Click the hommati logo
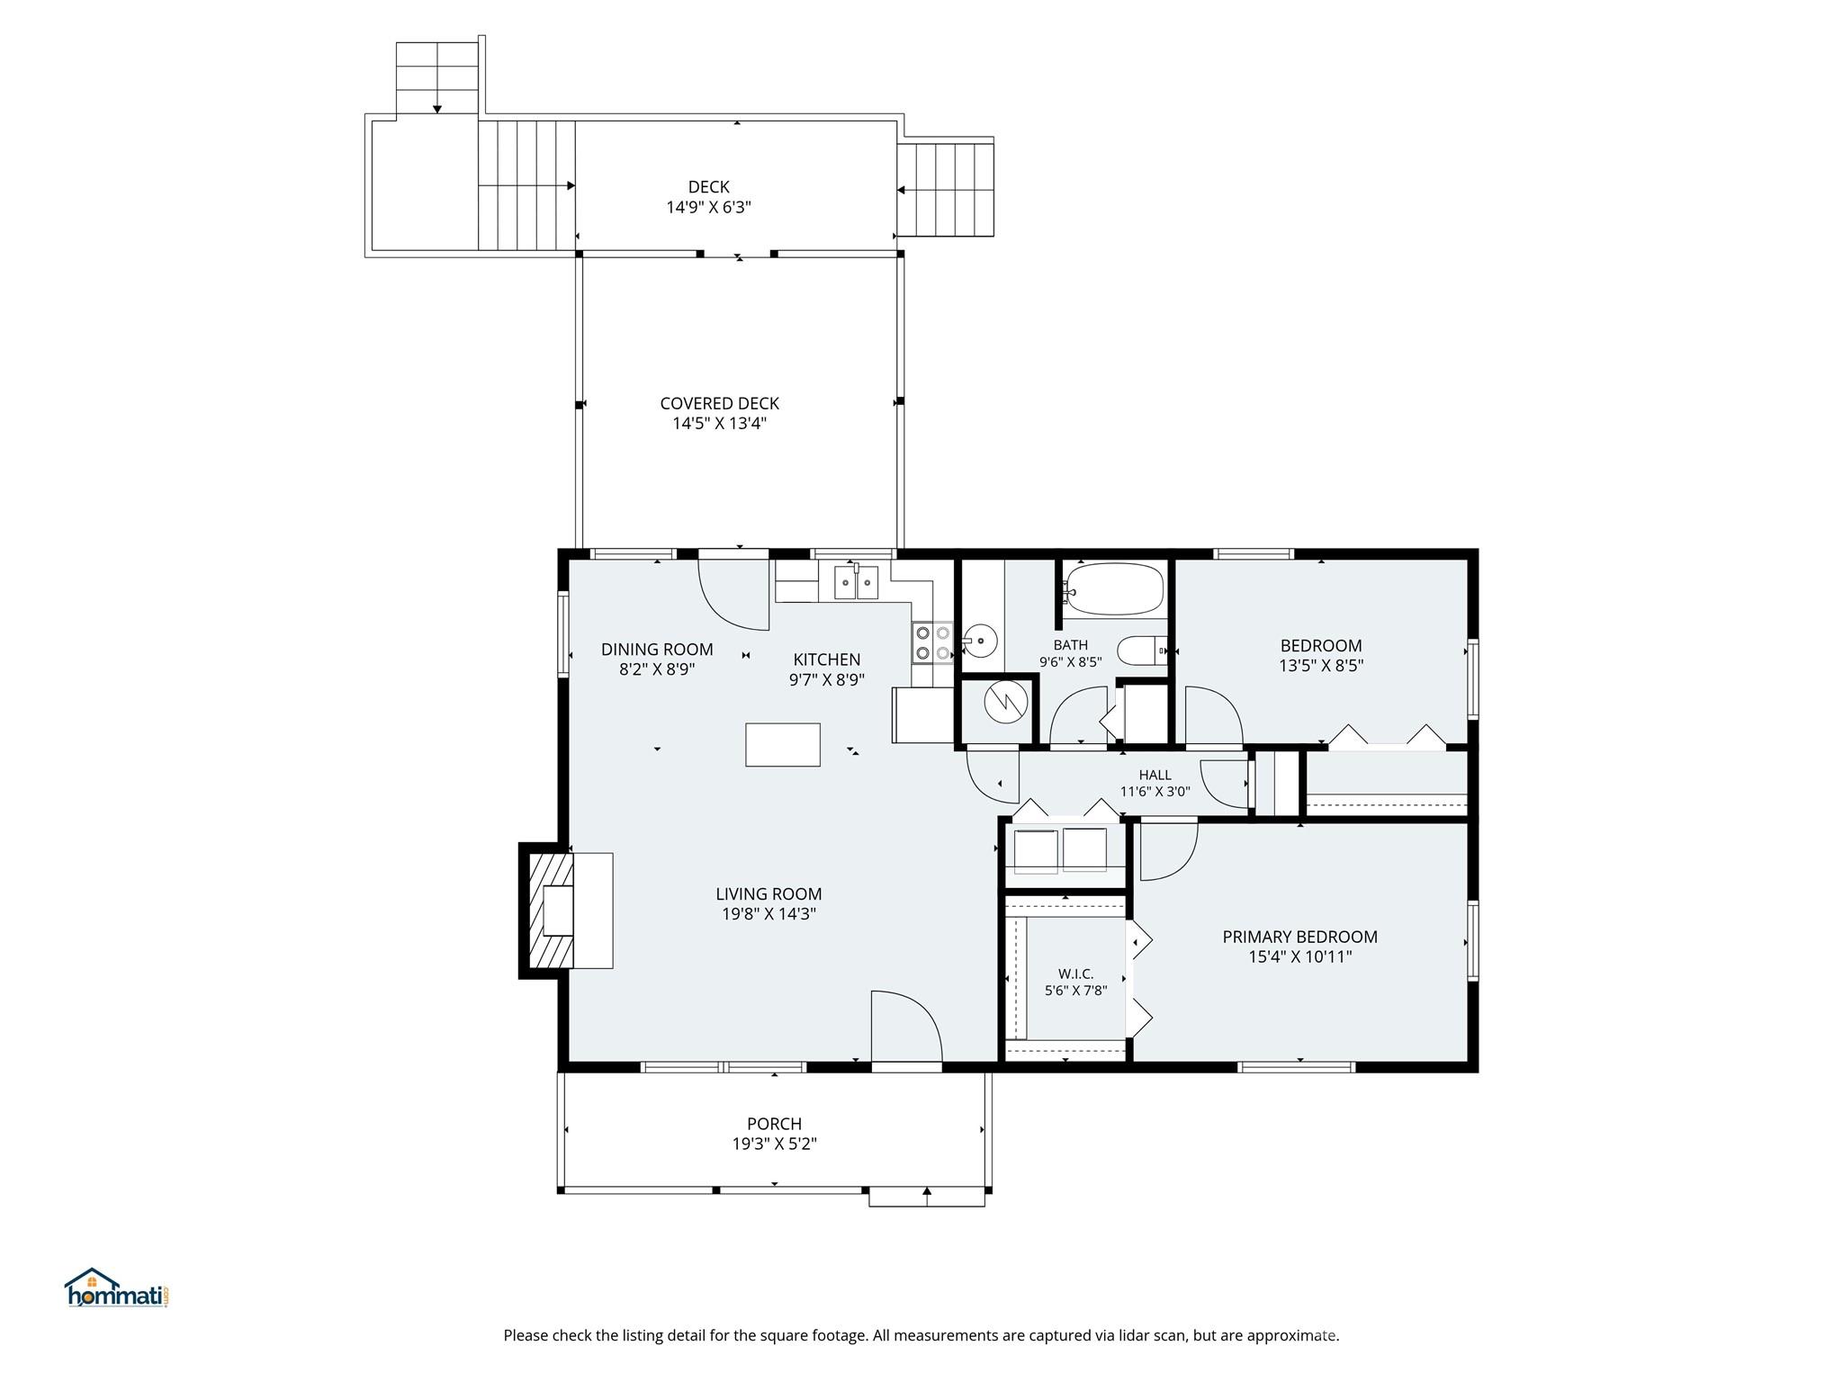coord(116,1289)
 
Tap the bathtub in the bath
coord(1114,588)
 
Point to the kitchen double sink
coord(856,584)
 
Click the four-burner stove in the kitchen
coord(932,642)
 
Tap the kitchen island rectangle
coord(782,744)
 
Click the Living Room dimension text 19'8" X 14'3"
coord(769,914)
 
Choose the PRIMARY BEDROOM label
coord(1299,937)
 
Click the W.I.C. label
coord(1075,974)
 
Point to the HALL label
coord(1155,775)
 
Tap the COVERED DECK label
coord(719,404)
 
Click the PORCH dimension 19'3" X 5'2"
coord(774,1144)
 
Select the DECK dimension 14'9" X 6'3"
coord(708,208)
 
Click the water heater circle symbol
coord(1005,703)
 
